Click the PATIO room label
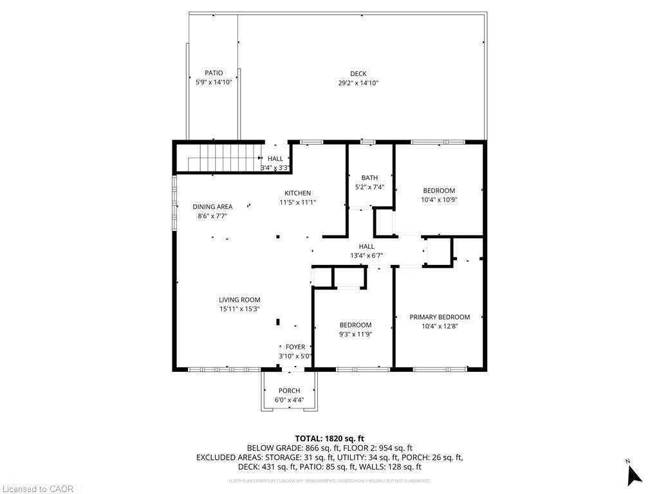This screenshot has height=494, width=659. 214,73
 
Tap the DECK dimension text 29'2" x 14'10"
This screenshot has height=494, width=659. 358,83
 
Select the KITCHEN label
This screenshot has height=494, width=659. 298,193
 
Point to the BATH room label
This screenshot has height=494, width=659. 369,178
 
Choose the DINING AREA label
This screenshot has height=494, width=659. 212,207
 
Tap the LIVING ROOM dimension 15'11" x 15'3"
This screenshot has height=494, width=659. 239,309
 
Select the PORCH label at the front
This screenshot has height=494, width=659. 289,391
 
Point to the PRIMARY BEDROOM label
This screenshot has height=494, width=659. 440,317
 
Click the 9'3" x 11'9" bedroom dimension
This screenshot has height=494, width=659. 355,334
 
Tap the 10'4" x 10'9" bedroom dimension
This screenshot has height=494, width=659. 439,199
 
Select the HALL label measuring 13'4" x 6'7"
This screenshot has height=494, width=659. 366,246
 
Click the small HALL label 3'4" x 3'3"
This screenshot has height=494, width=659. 275,159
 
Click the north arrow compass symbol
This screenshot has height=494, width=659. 634,474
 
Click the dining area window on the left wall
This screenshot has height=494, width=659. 174,203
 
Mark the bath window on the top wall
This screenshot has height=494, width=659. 367,141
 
